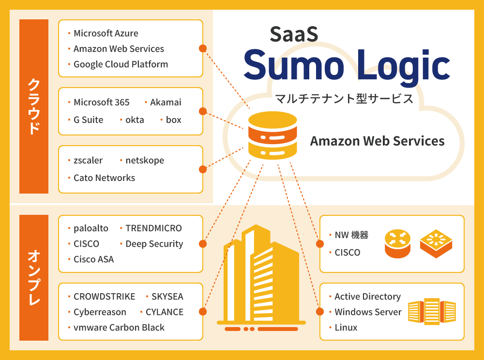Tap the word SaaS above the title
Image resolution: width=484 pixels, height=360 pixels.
click(293, 33)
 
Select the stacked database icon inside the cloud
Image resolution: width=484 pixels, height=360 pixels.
click(272, 136)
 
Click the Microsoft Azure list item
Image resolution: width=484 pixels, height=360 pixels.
click(106, 33)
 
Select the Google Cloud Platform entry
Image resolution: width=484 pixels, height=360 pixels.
click(121, 64)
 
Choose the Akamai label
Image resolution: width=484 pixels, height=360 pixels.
click(166, 102)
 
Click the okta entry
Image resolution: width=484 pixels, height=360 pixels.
click(135, 120)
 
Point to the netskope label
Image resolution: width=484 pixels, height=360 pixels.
click(144, 160)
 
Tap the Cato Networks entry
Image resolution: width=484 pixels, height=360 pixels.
click(104, 178)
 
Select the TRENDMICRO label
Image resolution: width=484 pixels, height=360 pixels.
click(153, 228)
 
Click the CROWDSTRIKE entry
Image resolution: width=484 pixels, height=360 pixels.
click(105, 297)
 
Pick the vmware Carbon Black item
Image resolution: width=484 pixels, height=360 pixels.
click(119, 328)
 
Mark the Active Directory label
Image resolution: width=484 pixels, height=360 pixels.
click(367, 297)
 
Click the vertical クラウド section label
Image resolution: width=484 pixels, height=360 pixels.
click(34, 106)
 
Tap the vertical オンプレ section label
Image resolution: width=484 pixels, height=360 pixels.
click(34, 278)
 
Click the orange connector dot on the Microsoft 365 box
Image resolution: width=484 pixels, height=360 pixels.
click(203, 111)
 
